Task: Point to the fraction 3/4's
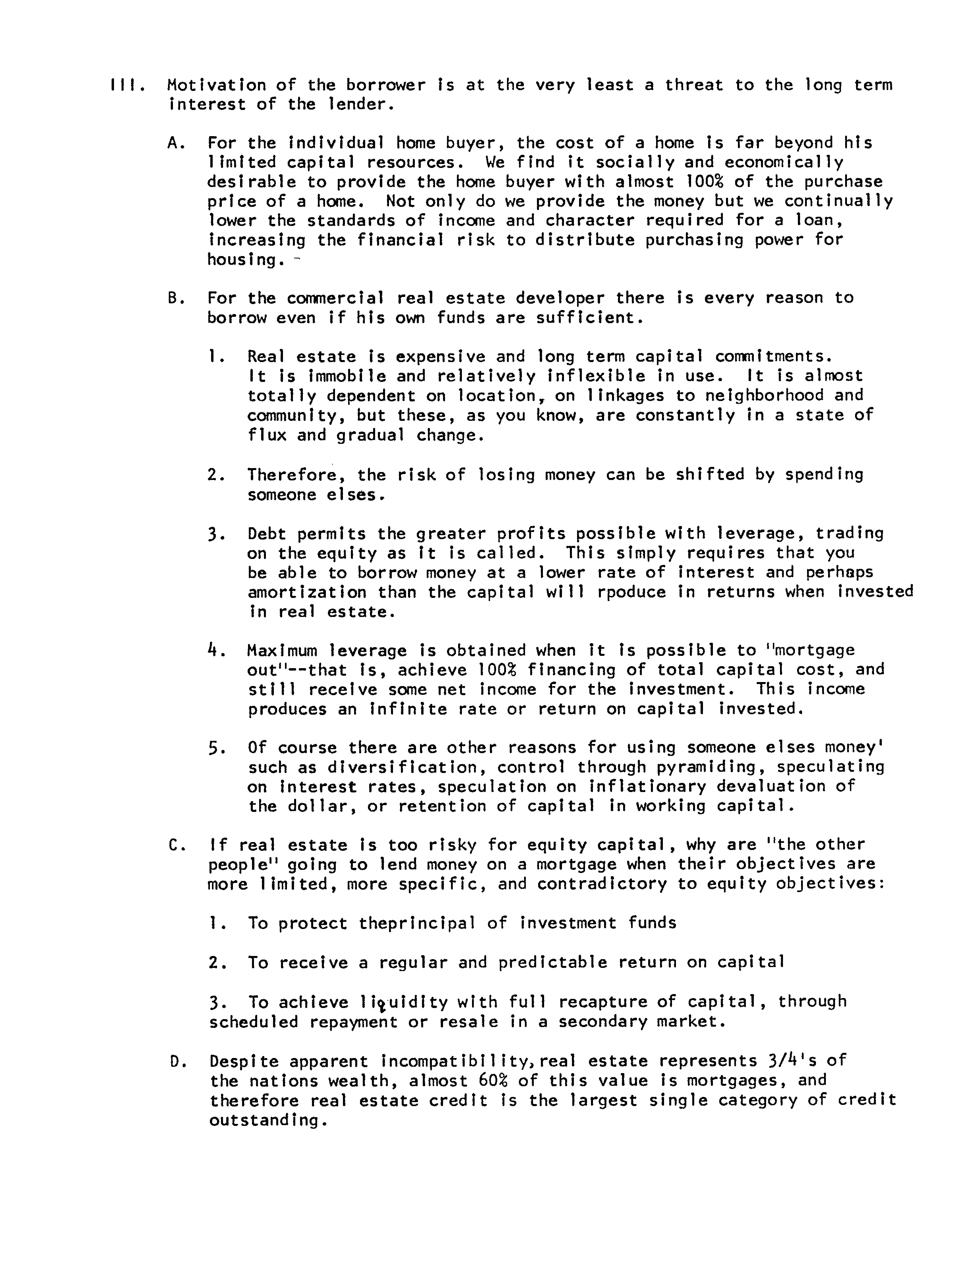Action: tap(792, 1061)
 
